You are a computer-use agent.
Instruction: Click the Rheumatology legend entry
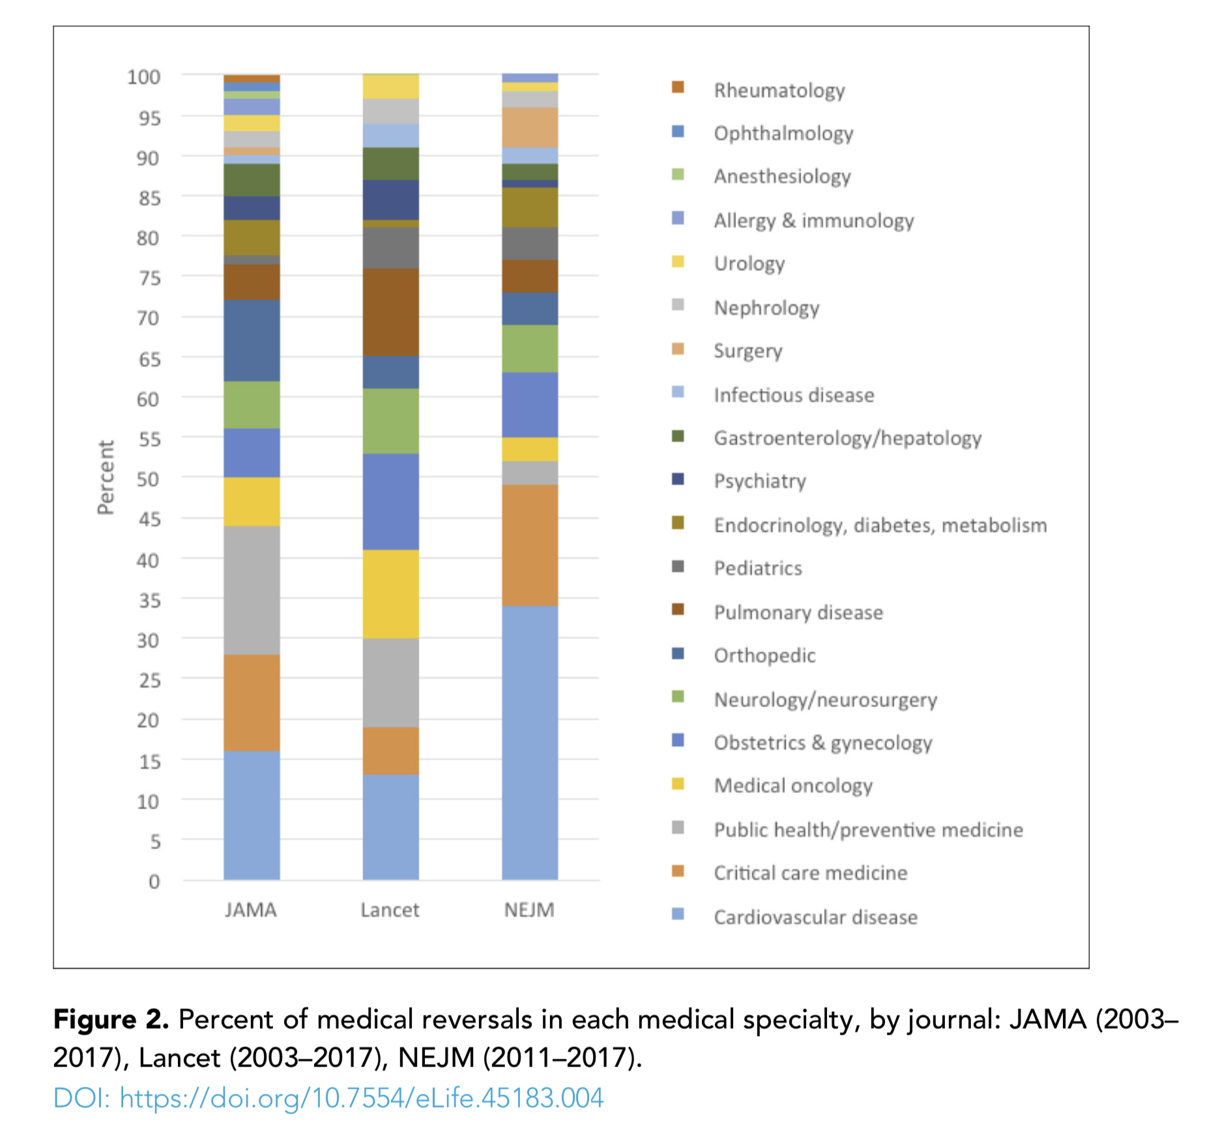click(779, 90)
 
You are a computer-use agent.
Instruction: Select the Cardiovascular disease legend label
click(815, 917)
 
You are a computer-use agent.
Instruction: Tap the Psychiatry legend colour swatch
click(678, 480)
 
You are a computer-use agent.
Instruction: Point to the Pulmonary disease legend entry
click(798, 612)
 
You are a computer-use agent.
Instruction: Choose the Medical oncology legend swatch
click(678, 784)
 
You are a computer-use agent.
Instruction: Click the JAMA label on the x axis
click(251, 909)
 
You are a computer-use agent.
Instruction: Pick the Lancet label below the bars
click(390, 909)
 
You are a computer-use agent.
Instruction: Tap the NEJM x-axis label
click(529, 909)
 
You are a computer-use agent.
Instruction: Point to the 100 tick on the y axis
click(144, 77)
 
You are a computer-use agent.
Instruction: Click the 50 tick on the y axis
click(148, 479)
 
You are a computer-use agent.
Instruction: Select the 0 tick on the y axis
click(154, 881)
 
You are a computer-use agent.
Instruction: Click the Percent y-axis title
click(106, 478)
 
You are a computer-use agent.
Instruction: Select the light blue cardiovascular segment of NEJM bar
click(530, 743)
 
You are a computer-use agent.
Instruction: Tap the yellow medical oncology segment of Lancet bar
click(390, 594)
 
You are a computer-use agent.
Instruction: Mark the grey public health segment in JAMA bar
click(252, 590)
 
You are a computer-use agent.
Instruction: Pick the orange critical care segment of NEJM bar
click(530, 545)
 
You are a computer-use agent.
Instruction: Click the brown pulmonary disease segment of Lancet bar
click(390, 312)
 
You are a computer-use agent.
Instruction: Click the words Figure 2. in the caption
click(111, 1020)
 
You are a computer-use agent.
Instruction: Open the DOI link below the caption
click(328, 1098)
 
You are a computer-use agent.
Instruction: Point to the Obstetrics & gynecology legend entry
click(822, 743)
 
